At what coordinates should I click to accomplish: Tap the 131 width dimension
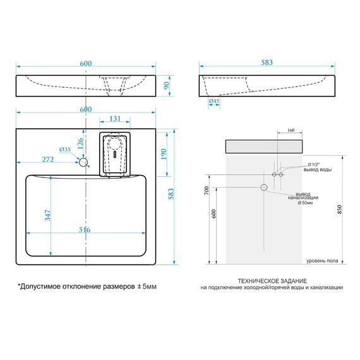pos(115,118)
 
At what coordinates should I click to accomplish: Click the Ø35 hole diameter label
pos(64,149)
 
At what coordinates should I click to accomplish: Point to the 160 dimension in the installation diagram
pos(290,131)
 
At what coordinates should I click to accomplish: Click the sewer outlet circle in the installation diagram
pos(263,188)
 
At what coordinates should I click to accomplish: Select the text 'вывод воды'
pos(317,170)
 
